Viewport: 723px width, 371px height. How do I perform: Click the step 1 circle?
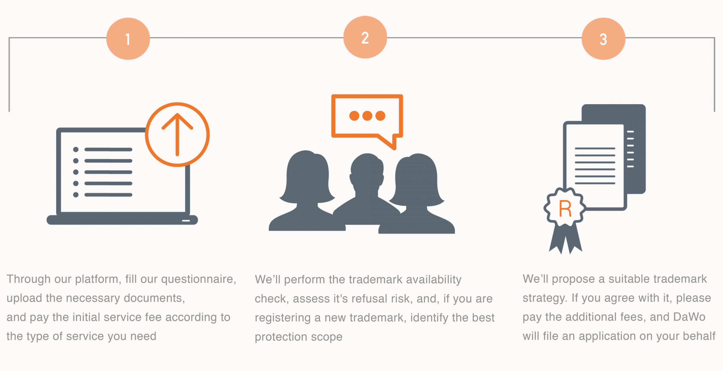click(128, 39)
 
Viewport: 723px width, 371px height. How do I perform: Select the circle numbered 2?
click(365, 37)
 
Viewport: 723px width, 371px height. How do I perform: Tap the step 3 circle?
click(603, 39)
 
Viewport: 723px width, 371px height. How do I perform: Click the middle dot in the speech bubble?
click(367, 116)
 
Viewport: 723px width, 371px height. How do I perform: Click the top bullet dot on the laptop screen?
click(76, 150)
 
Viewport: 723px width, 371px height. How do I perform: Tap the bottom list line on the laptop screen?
click(108, 195)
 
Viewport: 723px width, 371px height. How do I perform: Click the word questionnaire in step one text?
click(198, 279)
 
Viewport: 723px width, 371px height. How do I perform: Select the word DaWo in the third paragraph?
click(689, 317)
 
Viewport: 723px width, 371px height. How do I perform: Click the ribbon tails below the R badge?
click(566, 238)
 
